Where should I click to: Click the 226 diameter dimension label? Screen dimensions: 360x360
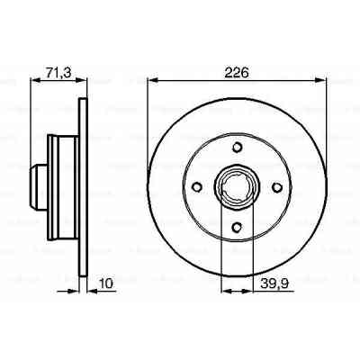[x=237, y=68]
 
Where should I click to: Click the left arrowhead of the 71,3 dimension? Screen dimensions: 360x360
[x=34, y=80]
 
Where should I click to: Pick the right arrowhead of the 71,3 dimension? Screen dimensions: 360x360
[x=85, y=80]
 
